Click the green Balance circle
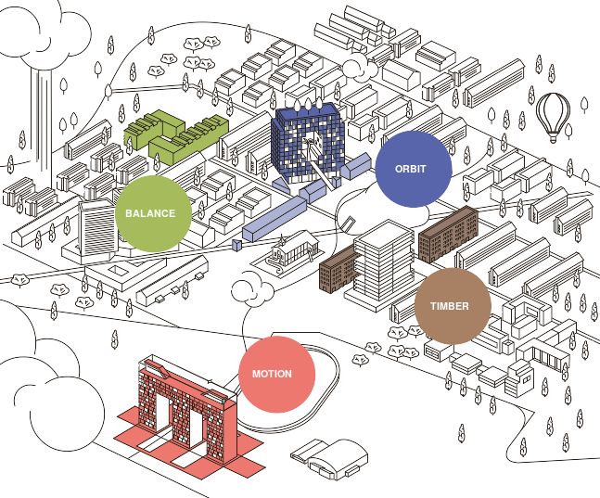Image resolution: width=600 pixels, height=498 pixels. [153, 213]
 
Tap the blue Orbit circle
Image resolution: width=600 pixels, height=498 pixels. [413, 169]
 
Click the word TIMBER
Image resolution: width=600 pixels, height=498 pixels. [450, 306]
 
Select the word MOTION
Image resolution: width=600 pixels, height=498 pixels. [272, 374]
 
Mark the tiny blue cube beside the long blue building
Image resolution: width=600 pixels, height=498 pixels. [236, 245]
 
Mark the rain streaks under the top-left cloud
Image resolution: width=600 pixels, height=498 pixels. [42, 121]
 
